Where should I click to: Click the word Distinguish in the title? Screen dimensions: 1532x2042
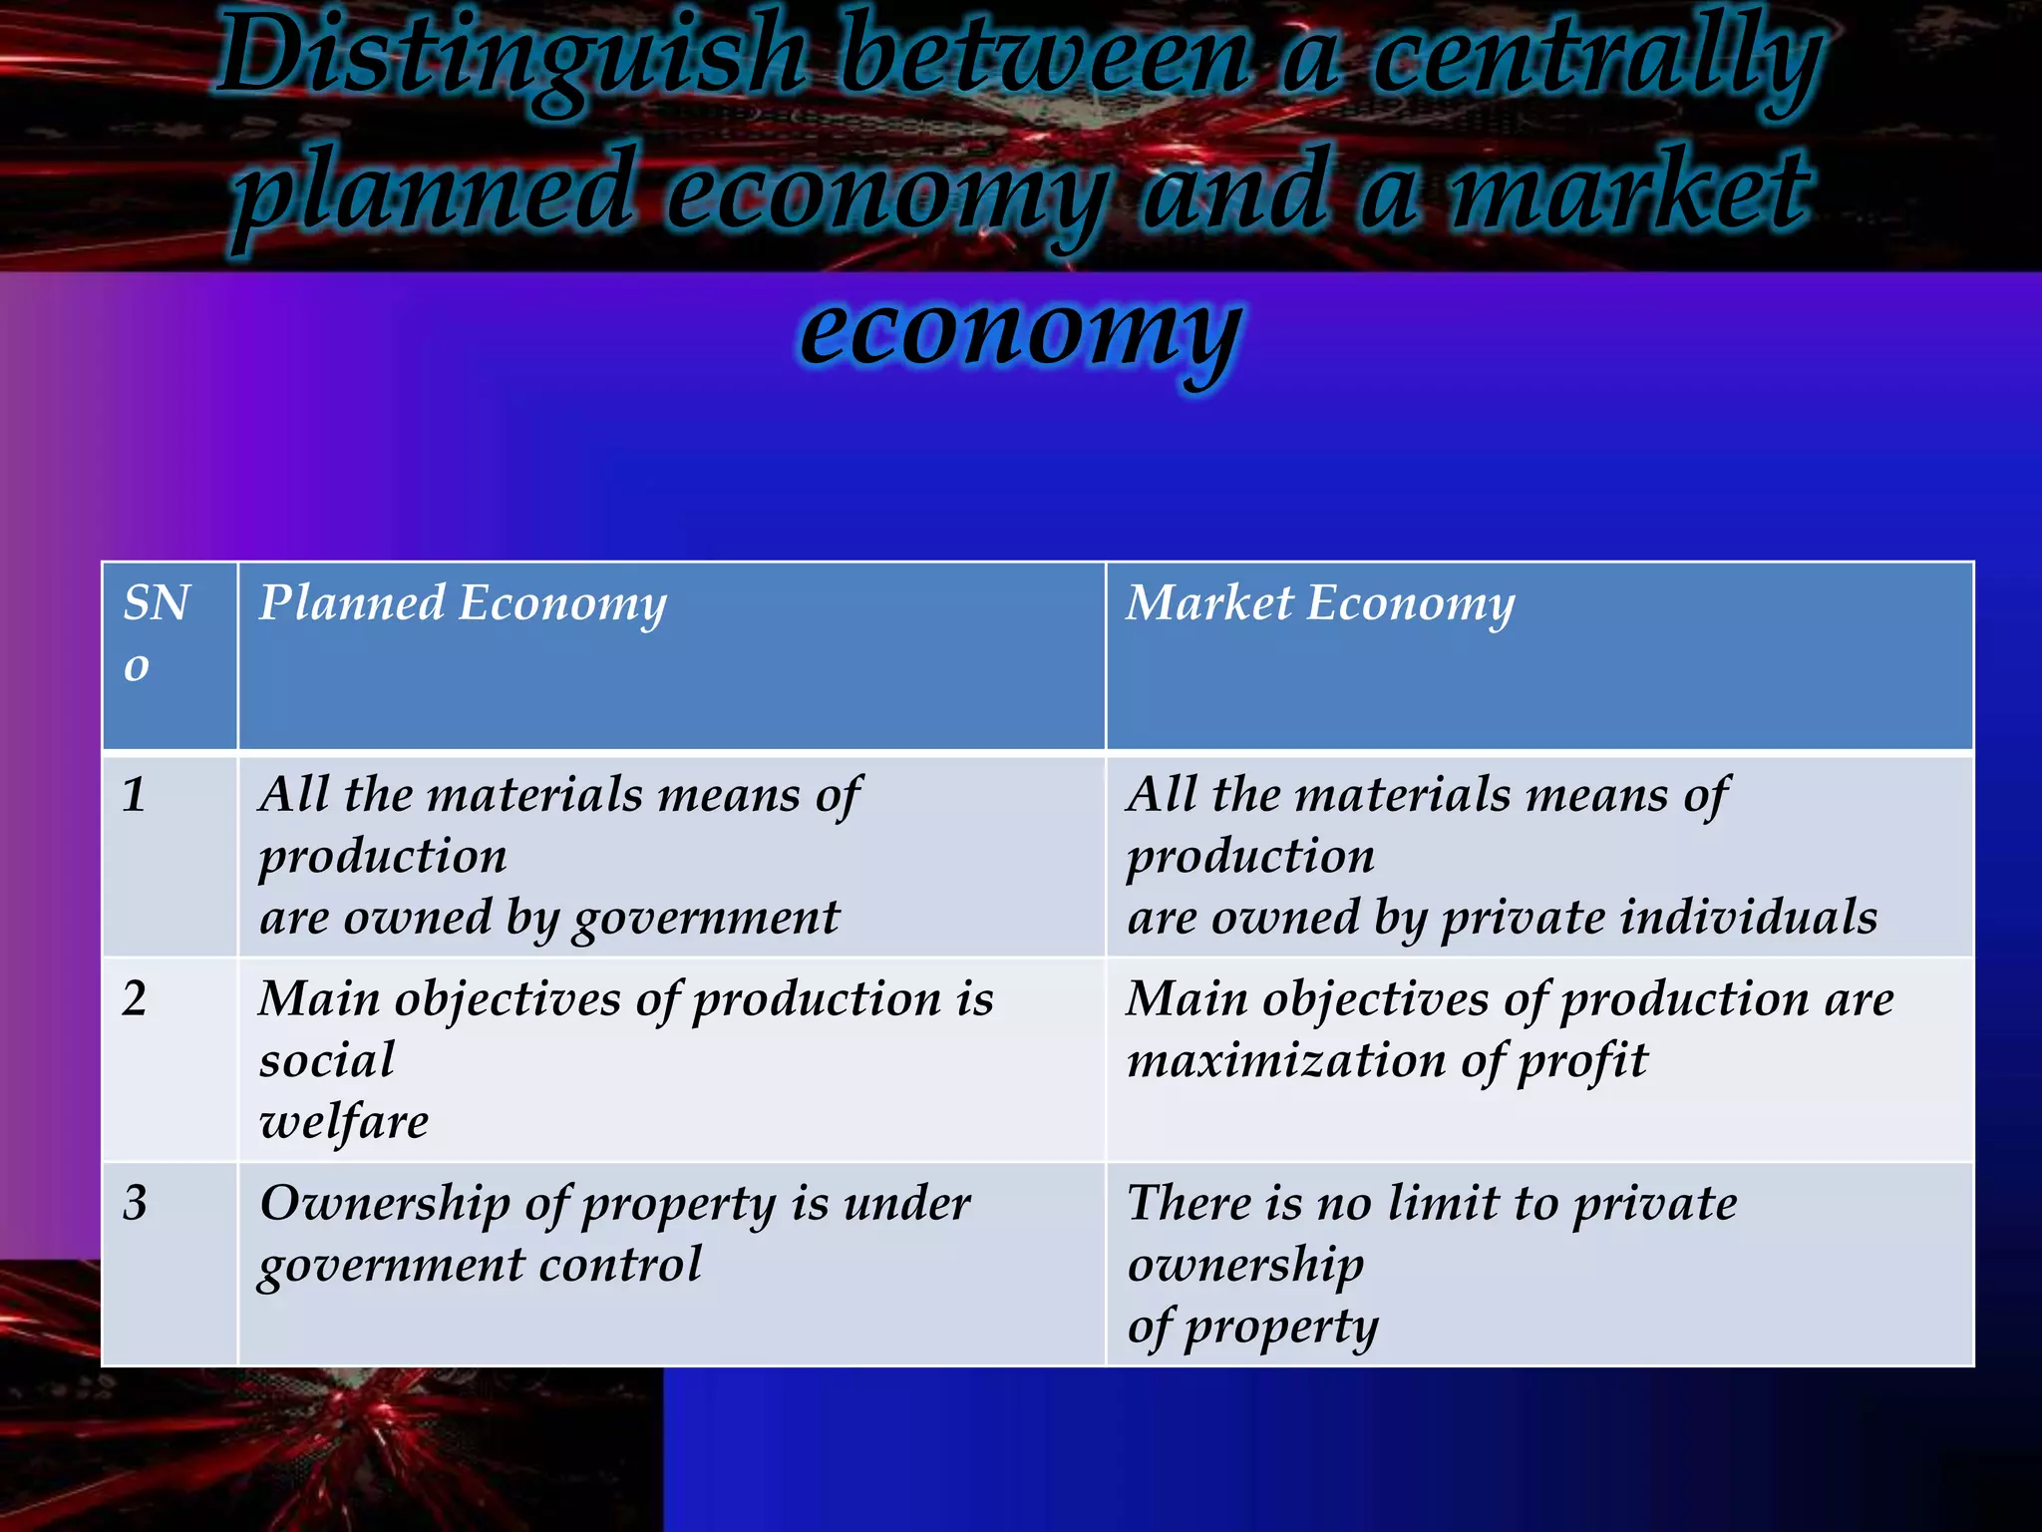(511, 60)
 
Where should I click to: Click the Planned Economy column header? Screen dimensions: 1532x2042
(463, 604)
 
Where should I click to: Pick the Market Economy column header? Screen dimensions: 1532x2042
(1320, 604)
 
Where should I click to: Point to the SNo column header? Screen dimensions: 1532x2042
(156, 632)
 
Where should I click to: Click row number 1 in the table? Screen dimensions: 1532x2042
(135, 796)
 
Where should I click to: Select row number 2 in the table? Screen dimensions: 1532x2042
(135, 999)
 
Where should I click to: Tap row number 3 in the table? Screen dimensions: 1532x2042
(135, 1204)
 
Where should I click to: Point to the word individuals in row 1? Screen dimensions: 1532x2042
(1749, 918)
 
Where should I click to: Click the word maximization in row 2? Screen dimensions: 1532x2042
(1286, 1061)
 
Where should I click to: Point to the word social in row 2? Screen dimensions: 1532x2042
(327, 1061)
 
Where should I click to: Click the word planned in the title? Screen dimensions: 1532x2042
(433, 191)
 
